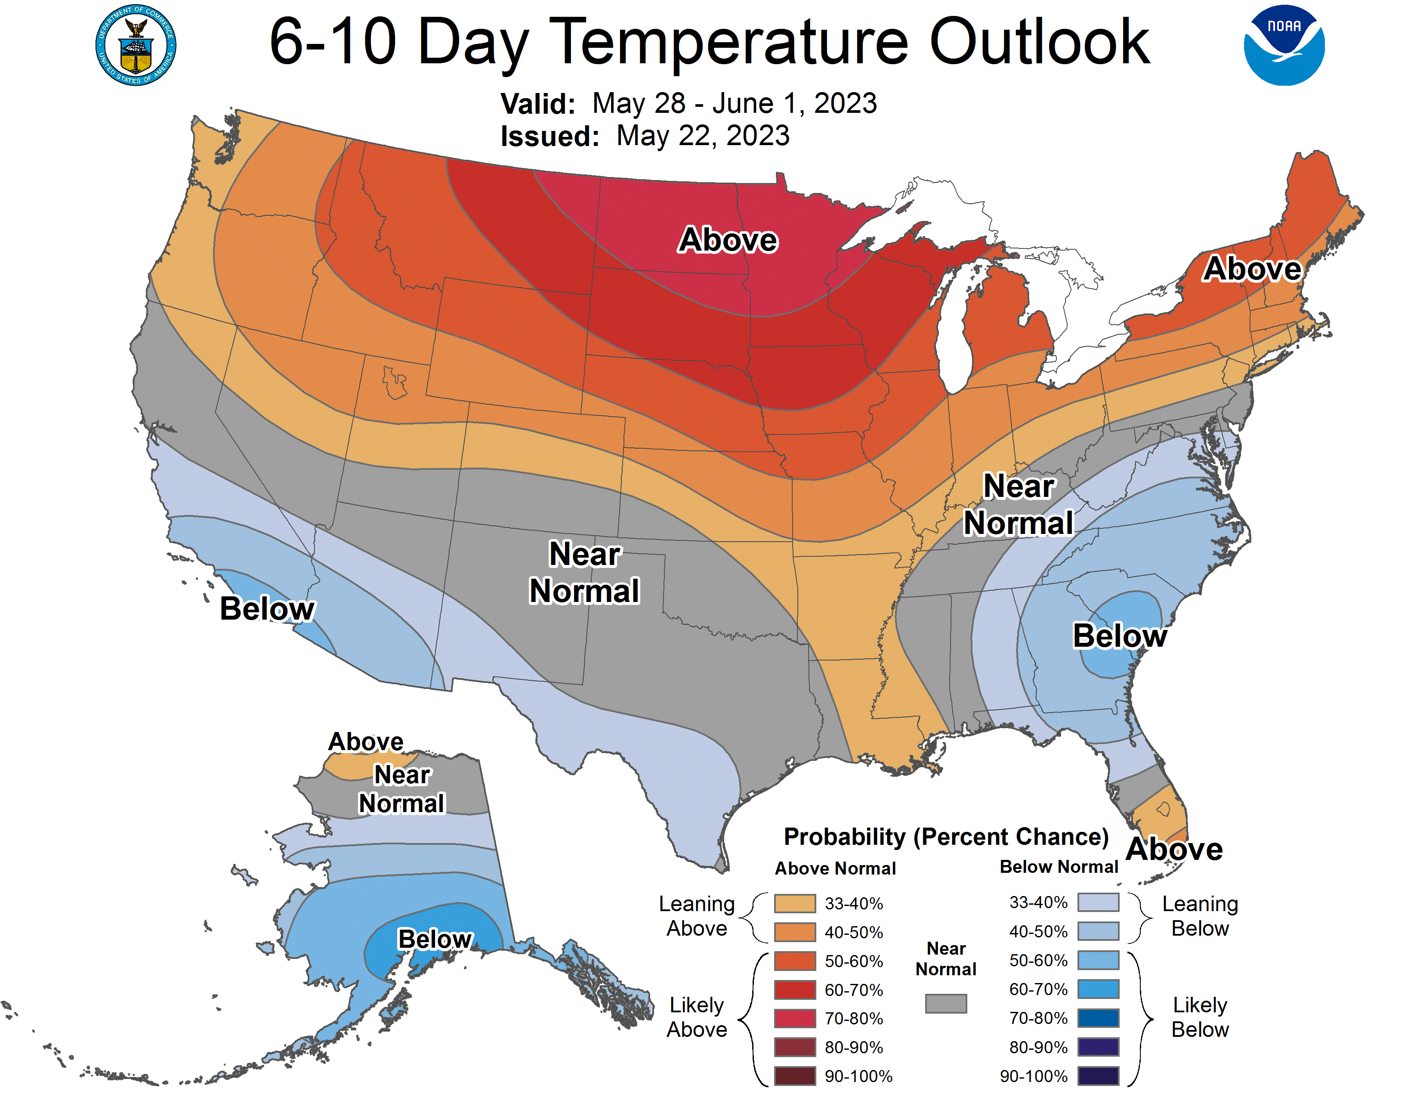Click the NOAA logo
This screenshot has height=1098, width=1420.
1284,46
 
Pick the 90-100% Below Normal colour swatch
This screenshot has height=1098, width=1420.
1098,1076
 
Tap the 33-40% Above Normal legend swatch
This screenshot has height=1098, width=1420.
794,903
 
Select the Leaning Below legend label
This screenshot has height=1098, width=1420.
1200,916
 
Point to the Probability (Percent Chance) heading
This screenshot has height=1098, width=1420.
946,837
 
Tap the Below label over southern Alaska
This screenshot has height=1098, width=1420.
434,939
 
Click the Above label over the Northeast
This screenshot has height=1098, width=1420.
1252,269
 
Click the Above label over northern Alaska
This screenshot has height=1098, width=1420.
365,741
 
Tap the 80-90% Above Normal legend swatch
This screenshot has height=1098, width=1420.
794,1047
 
